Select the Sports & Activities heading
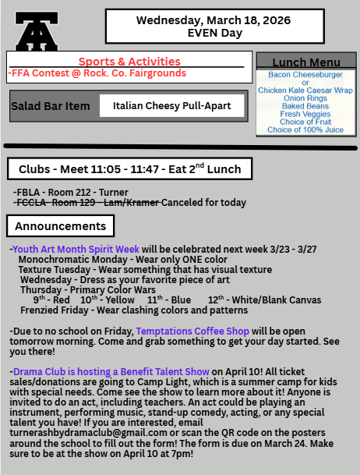(x=129, y=61)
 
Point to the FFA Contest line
(x=98, y=73)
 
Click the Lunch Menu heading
(x=307, y=62)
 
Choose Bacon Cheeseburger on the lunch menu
(x=305, y=74)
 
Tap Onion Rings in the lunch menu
(x=305, y=98)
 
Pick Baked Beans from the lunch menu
(x=305, y=106)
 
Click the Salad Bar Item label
(x=51, y=106)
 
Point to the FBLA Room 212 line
(x=71, y=192)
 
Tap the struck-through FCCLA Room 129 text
(x=86, y=203)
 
